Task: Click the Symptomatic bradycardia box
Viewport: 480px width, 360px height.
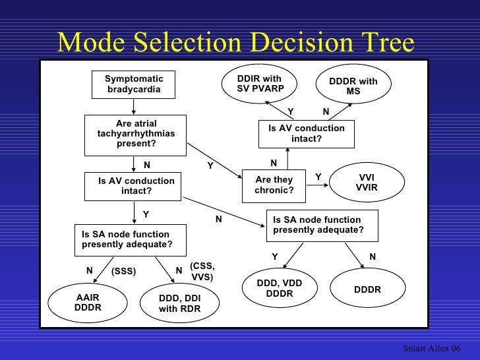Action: click(134, 84)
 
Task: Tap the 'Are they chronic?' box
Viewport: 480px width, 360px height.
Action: click(274, 185)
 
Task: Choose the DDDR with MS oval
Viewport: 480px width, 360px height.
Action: click(353, 86)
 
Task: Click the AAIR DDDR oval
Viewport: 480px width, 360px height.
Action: click(88, 302)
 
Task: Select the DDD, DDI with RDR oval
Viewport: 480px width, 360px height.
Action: click(179, 303)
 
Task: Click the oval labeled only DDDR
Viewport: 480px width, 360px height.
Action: click(367, 289)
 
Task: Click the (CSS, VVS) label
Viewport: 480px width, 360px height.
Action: click(202, 272)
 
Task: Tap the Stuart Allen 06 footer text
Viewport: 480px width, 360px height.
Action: click(431, 347)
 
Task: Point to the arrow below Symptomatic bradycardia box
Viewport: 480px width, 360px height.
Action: click(134, 105)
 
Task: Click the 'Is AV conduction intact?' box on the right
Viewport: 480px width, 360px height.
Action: click(306, 134)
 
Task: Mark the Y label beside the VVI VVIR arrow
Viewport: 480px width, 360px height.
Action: click(318, 177)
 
